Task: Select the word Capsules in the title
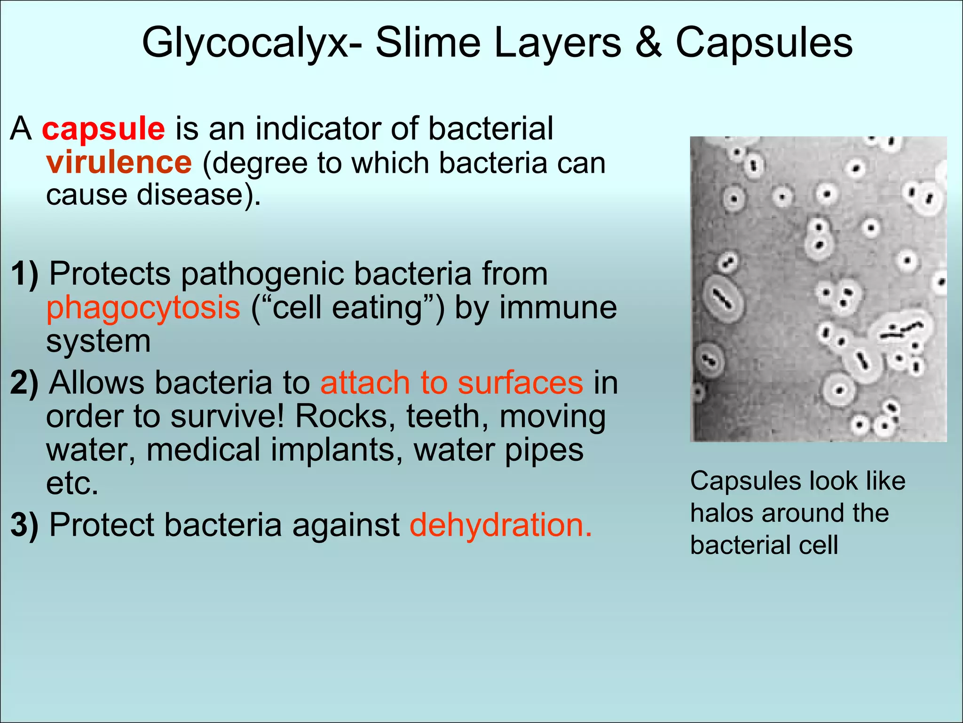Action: click(x=764, y=43)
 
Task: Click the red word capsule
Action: click(x=103, y=129)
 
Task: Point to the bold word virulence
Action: click(x=119, y=162)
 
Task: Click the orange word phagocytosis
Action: click(x=143, y=308)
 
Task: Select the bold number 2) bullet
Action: click(x=24, y=383)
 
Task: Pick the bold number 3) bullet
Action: click(x=24, y=525)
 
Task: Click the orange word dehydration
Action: click(x=500, y=525)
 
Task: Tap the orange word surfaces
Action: click(x=520, y=383)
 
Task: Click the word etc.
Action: click(x=72, y=483)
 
